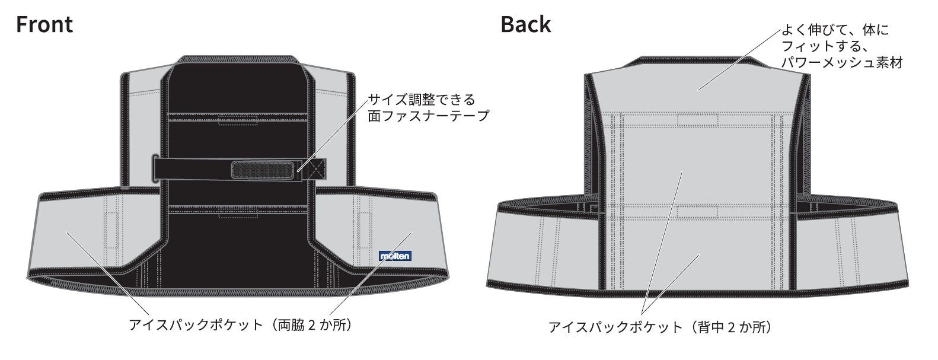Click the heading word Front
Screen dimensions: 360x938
click(44, 25)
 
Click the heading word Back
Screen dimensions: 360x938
click(525, 25)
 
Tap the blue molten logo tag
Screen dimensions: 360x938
click(395, 256)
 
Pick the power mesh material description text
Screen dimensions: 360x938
click(841, 46)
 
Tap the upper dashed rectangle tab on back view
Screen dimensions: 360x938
click(698, 121)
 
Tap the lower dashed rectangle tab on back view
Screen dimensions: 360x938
click(698, 211)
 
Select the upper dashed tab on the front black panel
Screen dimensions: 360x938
click(238, 122)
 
